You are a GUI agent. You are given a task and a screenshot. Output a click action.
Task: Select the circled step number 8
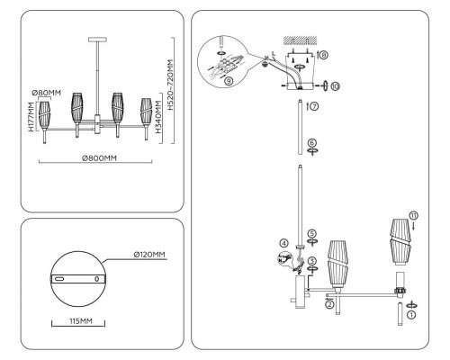click(323, 55)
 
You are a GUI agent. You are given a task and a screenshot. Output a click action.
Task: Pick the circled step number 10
click(335, 87)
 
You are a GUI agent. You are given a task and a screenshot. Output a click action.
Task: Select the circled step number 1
click(411, 315)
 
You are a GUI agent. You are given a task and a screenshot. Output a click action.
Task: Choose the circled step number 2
click(330, 305)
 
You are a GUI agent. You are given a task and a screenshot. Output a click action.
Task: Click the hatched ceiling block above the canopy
click(296, 41)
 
